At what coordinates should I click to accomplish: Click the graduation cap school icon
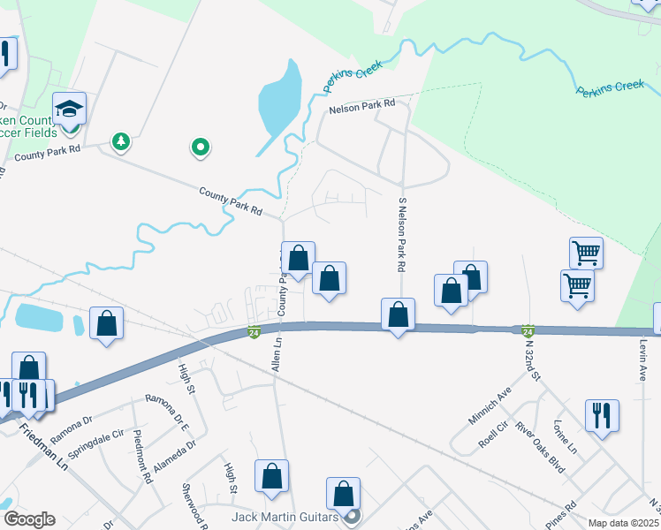69,110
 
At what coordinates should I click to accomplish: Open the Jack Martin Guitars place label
285,516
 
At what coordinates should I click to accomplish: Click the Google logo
29,519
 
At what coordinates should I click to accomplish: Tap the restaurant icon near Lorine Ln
602,414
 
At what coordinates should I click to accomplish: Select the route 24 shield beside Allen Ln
254,333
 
